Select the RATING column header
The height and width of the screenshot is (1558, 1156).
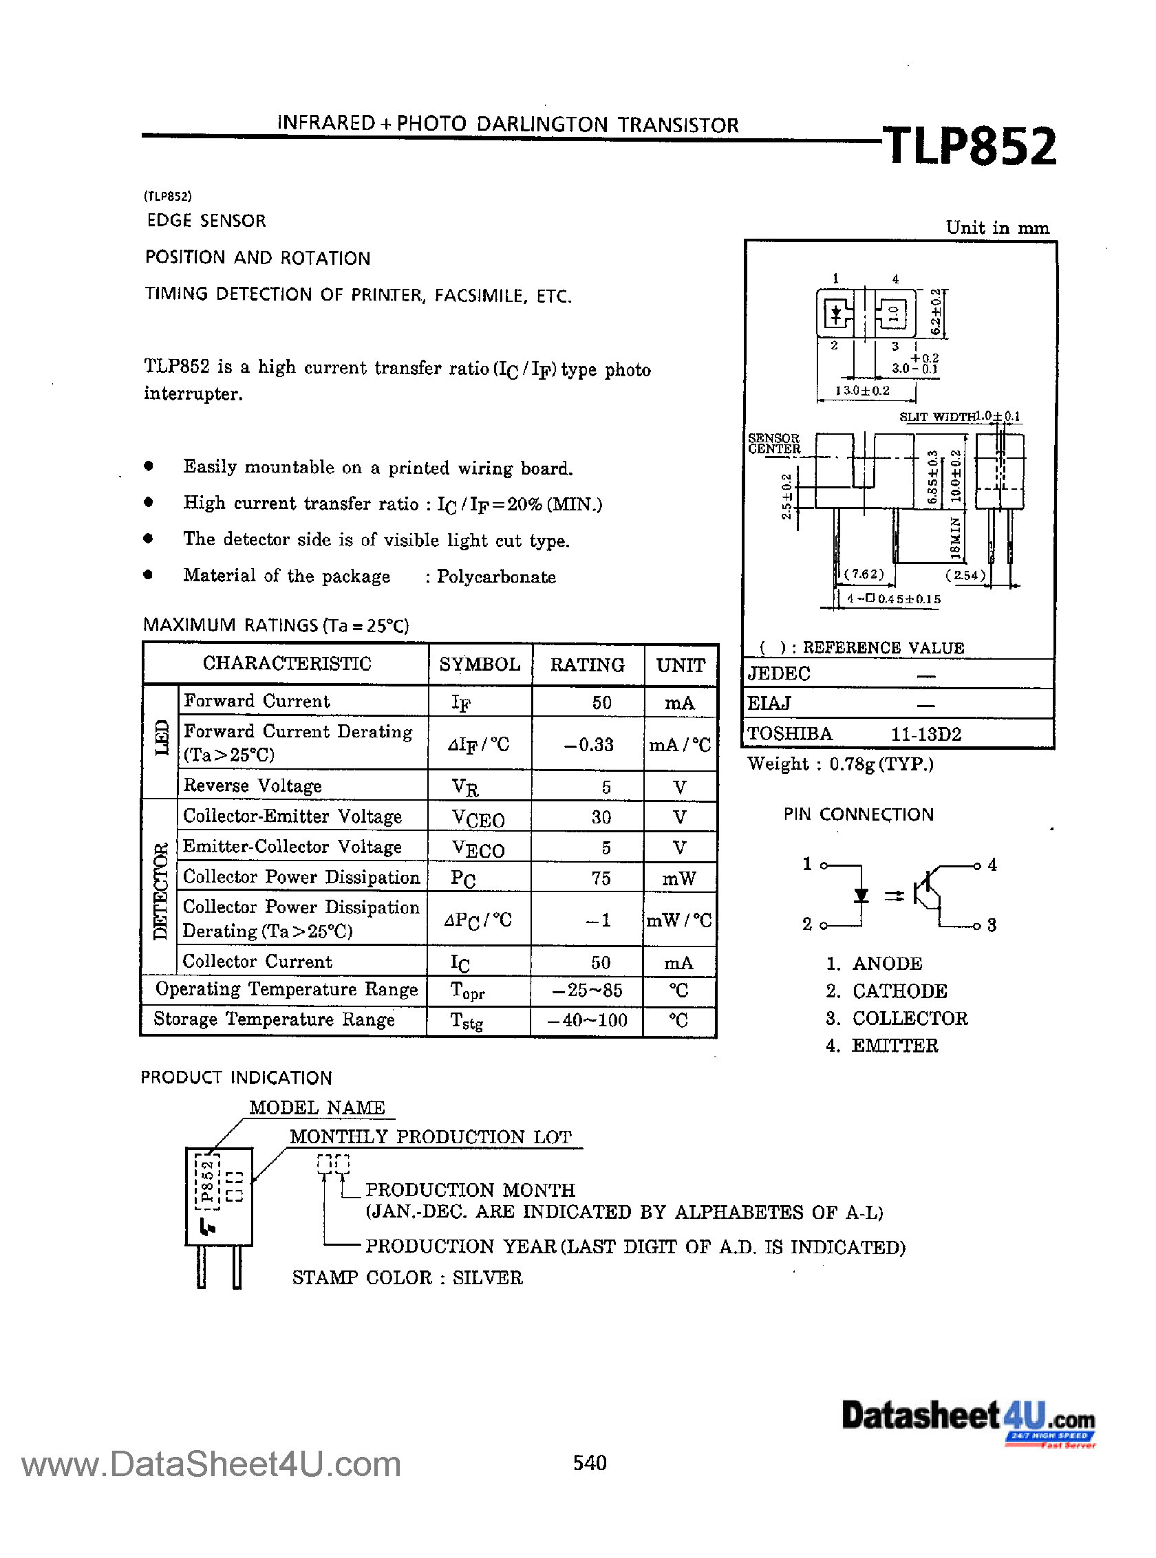click(587, 664)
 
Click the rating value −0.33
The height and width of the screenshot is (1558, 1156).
click(588, 744)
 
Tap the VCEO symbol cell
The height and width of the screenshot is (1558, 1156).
click(478, 817)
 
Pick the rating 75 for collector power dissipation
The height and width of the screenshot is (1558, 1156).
click(601, 878)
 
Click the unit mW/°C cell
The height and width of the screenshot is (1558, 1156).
click(678, 920)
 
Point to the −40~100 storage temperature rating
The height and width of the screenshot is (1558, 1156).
click(588, 1020)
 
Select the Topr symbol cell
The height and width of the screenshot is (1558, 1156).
click(467, 991)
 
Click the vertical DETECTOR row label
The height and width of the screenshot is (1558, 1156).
click(160, 891)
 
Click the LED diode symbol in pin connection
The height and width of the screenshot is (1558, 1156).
click(861, 896)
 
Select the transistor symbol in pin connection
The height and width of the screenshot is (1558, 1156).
click(928, 896)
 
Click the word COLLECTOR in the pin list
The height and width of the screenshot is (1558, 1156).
click(910, 1018)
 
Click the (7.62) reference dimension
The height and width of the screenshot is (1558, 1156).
click(864, 574)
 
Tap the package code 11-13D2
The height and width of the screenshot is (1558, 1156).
click(925, 734)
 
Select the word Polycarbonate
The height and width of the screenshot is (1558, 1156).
click(496, 577)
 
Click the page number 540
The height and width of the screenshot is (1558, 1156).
click(589, 1463)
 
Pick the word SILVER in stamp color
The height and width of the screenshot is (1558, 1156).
click(487, 1277)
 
